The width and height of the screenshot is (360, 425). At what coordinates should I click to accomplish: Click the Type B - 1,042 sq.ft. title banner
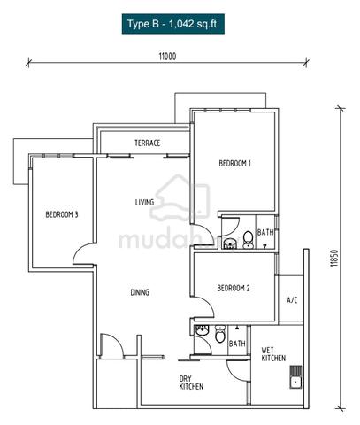pos(173,24)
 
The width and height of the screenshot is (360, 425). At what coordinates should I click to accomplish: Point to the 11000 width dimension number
pos(167,57)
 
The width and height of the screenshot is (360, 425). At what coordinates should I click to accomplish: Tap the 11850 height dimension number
pos(333,259)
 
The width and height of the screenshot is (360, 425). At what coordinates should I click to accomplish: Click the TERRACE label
pos(148,143)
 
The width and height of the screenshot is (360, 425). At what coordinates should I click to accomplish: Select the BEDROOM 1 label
pos(234,163)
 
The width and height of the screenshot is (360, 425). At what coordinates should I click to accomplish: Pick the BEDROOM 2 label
pos(234,288)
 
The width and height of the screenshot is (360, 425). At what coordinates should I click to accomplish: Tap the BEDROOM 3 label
pos(62,214)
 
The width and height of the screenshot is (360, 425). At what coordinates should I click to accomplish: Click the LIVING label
pos(144,202)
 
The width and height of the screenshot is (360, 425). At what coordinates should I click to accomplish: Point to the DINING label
pos(140,292)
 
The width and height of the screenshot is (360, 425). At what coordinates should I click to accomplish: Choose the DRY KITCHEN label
pos(191,382)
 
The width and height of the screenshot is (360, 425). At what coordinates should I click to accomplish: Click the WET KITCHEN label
pos(273,354)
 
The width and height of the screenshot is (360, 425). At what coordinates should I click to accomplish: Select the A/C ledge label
pos(292,300)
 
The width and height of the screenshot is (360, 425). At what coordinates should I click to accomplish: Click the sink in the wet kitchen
pos(295,377)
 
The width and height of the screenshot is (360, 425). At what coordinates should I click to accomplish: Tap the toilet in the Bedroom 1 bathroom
pos(248,239)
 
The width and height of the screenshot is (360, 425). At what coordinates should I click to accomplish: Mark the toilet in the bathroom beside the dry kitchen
pos(220,334)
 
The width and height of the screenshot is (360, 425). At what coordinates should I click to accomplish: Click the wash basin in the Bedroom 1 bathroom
pos(229,244)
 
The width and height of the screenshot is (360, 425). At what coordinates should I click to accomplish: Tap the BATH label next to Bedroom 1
pos(265,233)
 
